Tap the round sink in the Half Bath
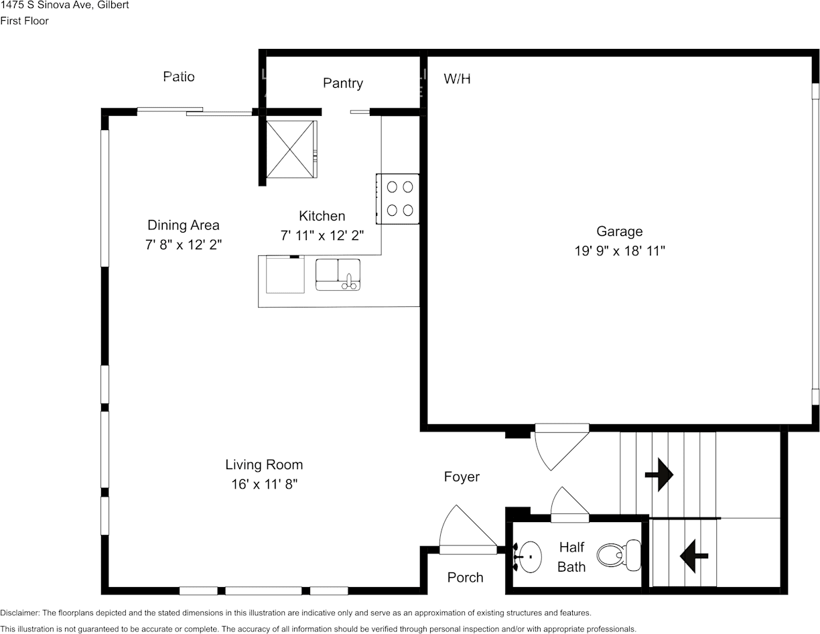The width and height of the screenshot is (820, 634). pyautogui.click(x=529, y=556)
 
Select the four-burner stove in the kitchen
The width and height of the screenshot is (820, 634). pyautogui.click(x=399, y=198)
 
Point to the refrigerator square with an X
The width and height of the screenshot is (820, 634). pyautogui.click(x=290, y=149)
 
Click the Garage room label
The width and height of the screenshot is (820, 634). pyautogui.click(x=619, y=231)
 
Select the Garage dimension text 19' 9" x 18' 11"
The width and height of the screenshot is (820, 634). pyautogui.click(x=619, y=251)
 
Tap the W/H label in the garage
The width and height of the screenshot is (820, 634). pyautogui.click(x=457, y=79)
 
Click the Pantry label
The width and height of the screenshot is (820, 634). pyautogui.click(x=342, y=83)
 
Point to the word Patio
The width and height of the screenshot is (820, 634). pyautogui.click(x=179, y=76)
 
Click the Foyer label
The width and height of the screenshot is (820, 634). pyautogui.click(x=462, y=477)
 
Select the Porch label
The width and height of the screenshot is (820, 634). pyautogui.click(x=465, y=577)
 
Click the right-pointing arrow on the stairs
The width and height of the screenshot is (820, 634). pyautogui.click(x=659, y=474)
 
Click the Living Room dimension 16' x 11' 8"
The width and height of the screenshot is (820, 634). pyautogui.click(x=264, y=484)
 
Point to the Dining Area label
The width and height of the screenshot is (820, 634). pyautogui.click(x=183, y=225)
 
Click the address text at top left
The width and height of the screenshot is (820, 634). pyautogui.click(x=65, y=5)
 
